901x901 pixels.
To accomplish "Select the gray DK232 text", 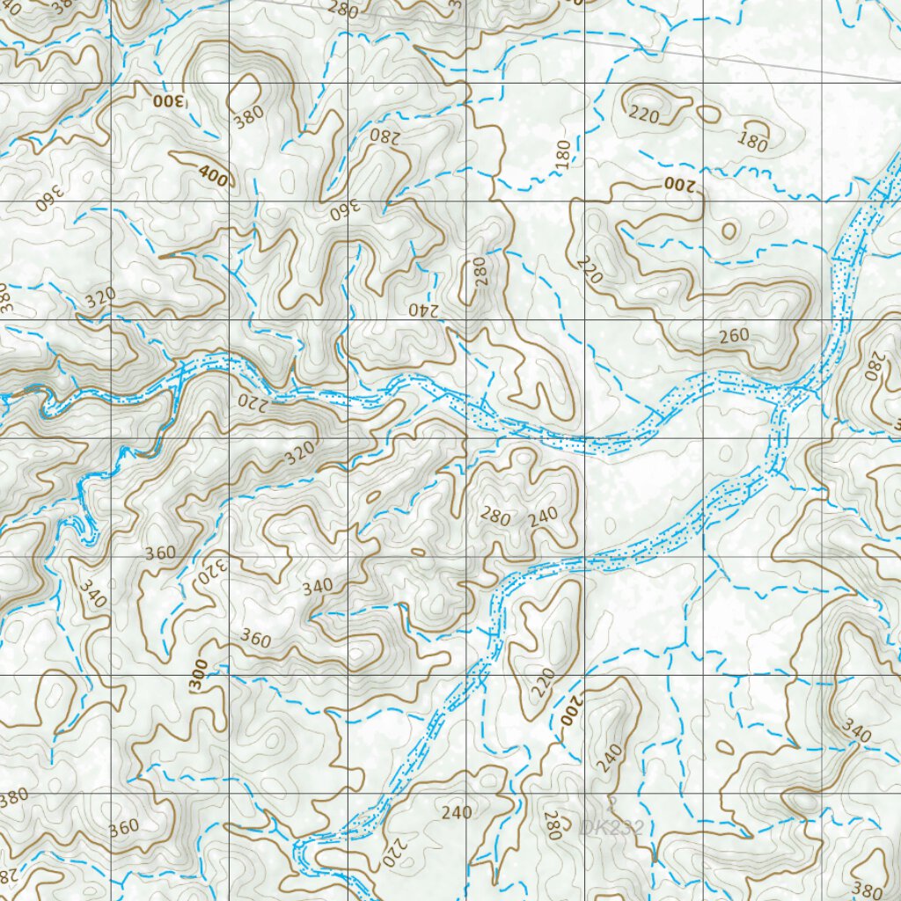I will coord(612,826).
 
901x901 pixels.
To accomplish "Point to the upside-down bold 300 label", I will coord(171,100).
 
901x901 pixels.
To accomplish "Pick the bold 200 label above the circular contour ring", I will coord(678,184).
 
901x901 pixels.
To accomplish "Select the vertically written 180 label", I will coord(563,151).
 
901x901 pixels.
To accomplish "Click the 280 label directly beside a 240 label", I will coord(495,516).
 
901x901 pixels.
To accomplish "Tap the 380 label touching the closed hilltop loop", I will coord(249,116).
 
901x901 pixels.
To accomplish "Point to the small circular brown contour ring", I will coord(729,231).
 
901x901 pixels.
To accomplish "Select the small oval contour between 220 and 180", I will coord(708,113).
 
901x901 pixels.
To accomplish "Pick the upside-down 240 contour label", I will coord(423,309).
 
